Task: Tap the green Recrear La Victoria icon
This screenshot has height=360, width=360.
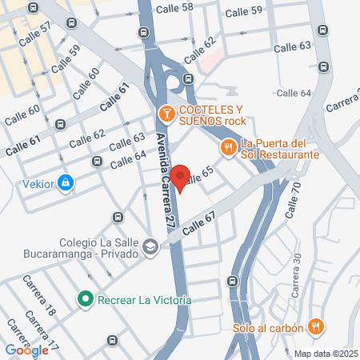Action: click(x=86, y=299)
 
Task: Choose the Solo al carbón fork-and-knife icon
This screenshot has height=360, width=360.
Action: click(x=317, y=326)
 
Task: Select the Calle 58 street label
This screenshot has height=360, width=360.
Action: click(x=176, y=8)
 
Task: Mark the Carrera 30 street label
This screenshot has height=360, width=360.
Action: click(x=296, y=274)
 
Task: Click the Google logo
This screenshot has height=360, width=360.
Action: click(x=26, y=350)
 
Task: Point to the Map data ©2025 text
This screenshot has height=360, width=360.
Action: click(x=326, y=353)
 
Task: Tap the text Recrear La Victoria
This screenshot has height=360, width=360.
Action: click(x=144, y=300)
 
